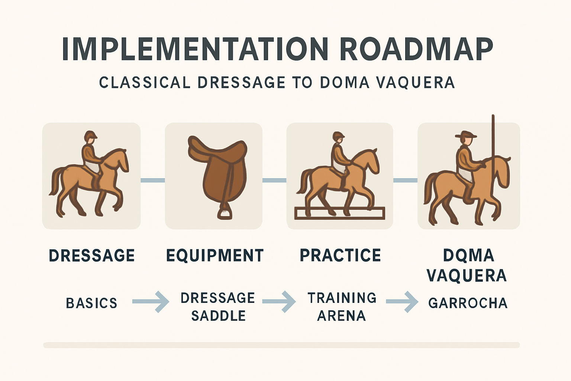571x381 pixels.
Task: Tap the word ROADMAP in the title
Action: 416,49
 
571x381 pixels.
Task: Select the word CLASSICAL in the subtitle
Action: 145,83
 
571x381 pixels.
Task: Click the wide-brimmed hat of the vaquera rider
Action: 466,134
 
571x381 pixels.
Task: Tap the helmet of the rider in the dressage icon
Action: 90,135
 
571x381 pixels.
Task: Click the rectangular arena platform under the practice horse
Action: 339,213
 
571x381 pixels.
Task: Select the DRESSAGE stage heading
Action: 92,256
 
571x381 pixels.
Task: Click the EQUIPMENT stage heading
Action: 215,256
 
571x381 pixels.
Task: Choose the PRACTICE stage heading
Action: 340,255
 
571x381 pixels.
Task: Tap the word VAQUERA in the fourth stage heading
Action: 467,275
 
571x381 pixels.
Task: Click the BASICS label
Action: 92,303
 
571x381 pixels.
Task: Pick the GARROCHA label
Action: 468,303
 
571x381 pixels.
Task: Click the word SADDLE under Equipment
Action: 219,316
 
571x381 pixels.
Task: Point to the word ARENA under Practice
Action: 342,316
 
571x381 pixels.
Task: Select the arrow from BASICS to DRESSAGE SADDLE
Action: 151,302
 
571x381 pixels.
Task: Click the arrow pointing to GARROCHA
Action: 402,302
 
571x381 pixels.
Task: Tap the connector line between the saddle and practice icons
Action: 275,180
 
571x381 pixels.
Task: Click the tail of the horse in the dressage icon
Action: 55,181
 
